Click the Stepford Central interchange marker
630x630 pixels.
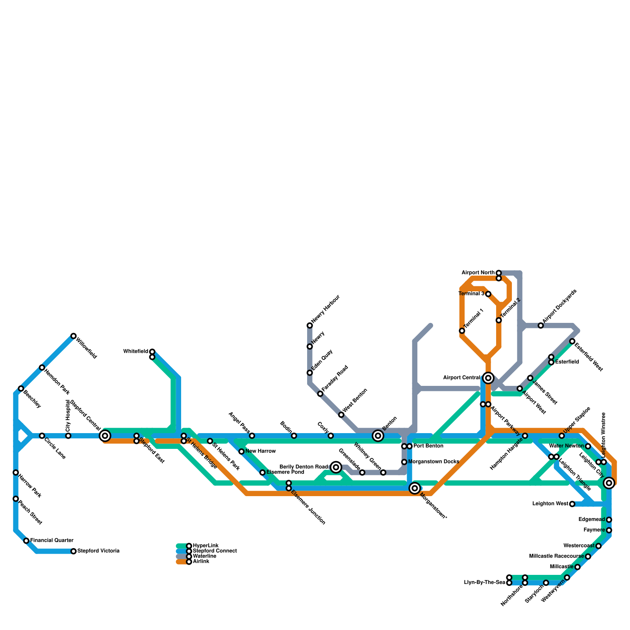105,435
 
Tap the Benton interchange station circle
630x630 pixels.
378,435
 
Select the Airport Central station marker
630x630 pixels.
488,378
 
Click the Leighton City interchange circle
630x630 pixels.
609,483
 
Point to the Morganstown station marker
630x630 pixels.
415,488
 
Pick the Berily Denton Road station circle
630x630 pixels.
336,467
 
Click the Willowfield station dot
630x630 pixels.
73,336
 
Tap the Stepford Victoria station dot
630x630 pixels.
73,551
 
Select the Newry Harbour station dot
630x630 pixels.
309,325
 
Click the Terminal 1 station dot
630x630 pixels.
462,331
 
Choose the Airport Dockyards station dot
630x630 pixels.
541,326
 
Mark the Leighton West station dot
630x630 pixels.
572,504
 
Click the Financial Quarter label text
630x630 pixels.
52,540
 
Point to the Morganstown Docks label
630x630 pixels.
434,461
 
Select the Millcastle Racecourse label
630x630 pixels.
556,556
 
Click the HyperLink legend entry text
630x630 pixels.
206,546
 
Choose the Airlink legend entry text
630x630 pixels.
201,561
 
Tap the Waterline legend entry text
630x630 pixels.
204,556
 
